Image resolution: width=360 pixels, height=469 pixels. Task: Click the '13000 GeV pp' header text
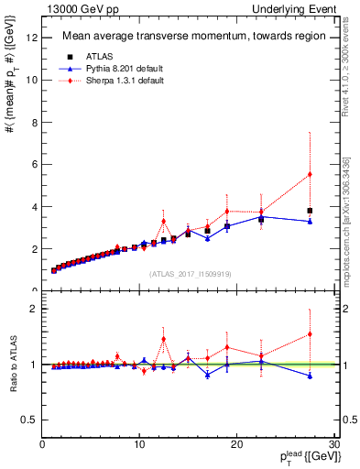click(x=73, y=8)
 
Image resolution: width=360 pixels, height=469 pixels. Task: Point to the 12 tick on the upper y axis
click(x=32, y=37)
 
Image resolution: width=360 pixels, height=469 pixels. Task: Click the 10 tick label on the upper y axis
click(x=32, y=80)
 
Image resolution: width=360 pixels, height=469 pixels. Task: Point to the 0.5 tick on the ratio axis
click(x=29, y=420)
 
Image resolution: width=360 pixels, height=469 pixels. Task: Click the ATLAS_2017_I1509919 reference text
click(x=190, y=273)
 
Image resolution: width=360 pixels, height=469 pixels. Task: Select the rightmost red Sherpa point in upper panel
click(x=310, y=174)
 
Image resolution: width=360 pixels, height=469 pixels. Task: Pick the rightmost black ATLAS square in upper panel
click(x=310, y=211)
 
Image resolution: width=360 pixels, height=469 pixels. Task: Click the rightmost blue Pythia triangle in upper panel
click(x=310, y=222)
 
